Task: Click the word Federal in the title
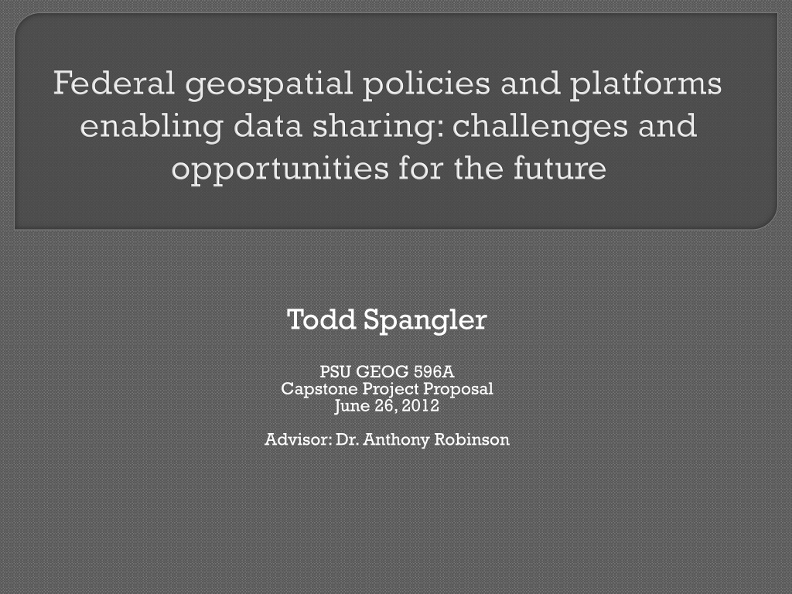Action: pyautogui.click(x=114, y=83)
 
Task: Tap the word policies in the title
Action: pyautogui.click(x=426, y=86)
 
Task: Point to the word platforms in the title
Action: pyautogui.click(x=646, y=86)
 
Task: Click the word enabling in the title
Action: pyautogui.click(x=151, y=128)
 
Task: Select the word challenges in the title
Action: pyautogui.click(x=540, y=128)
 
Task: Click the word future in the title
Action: pyautogui.click(x=560, y=168)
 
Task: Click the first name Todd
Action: pyautogui.click(x=321, y=319)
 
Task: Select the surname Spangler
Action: pyautogui.click(x=425, y=321)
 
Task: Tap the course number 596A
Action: pyautogui.click(x=434, y=372)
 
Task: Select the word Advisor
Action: pyautogui.click(x=298, y=439)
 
